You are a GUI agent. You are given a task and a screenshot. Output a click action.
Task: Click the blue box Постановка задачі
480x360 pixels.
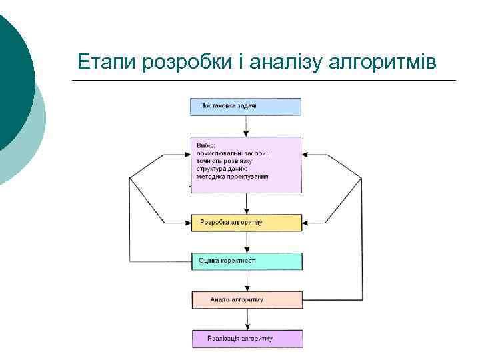(x=246, y=107)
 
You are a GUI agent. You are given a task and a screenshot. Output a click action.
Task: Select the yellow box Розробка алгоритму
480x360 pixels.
(x=246, y=223)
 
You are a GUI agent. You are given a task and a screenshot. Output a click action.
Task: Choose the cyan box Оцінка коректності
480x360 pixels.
(x=246, y=261)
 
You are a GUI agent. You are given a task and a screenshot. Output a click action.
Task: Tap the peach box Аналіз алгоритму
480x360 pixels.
(x=246, y=300)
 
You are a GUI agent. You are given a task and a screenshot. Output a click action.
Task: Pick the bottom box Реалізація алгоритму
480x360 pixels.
(x=246, y=339)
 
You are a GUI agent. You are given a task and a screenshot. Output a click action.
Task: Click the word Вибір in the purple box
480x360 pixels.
(x=206, y=145)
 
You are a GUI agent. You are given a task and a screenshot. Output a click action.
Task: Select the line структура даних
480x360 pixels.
(x=222, y=169)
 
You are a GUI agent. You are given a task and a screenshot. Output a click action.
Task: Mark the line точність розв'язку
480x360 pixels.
(x=225, y=161)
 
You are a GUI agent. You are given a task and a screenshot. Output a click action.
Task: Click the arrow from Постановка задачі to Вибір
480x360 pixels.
(x=247, y=126)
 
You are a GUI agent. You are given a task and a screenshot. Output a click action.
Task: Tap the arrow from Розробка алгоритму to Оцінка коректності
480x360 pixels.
(x=247, y=242)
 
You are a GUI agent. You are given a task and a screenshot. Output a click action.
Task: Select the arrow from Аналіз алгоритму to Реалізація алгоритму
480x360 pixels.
(x=247, y=319)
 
